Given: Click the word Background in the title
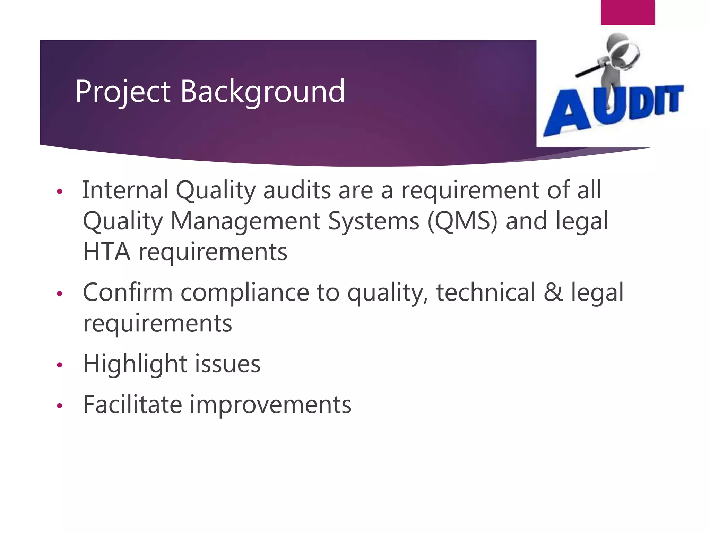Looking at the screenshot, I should click(263, 92).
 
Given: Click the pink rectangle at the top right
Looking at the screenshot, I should click(627, 12).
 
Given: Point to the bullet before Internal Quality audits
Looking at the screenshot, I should click(60, 192).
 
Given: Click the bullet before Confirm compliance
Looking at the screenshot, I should click(60, 294).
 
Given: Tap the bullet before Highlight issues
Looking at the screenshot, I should click(60, 365).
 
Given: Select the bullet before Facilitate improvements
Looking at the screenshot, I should click(60, 406).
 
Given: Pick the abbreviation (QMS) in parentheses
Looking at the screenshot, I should click(462, 221).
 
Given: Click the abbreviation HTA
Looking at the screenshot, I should click(107, 252).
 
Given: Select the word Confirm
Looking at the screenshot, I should click(128, 293).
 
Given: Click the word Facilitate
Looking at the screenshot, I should click(132, 405).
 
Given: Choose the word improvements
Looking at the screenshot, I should click(270, 405).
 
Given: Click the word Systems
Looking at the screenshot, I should click(373, 221).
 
